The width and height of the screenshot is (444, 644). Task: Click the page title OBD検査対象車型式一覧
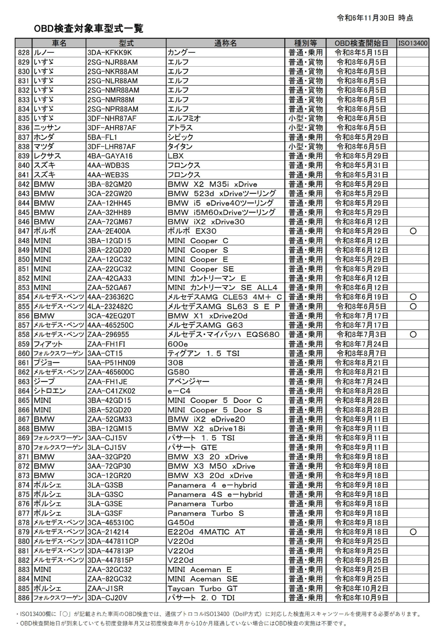click(88, 28)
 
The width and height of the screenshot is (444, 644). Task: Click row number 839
click(24, 156)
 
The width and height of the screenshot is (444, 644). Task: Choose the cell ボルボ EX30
click(192, 231)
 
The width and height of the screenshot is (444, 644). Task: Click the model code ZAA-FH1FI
click(106, 344)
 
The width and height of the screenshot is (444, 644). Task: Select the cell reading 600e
click(178, 344)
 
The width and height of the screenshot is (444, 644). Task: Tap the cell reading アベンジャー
click(188, 382)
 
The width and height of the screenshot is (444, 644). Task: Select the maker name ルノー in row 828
click(44, 53)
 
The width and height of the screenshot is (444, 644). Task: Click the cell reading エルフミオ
click(184, 118)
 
